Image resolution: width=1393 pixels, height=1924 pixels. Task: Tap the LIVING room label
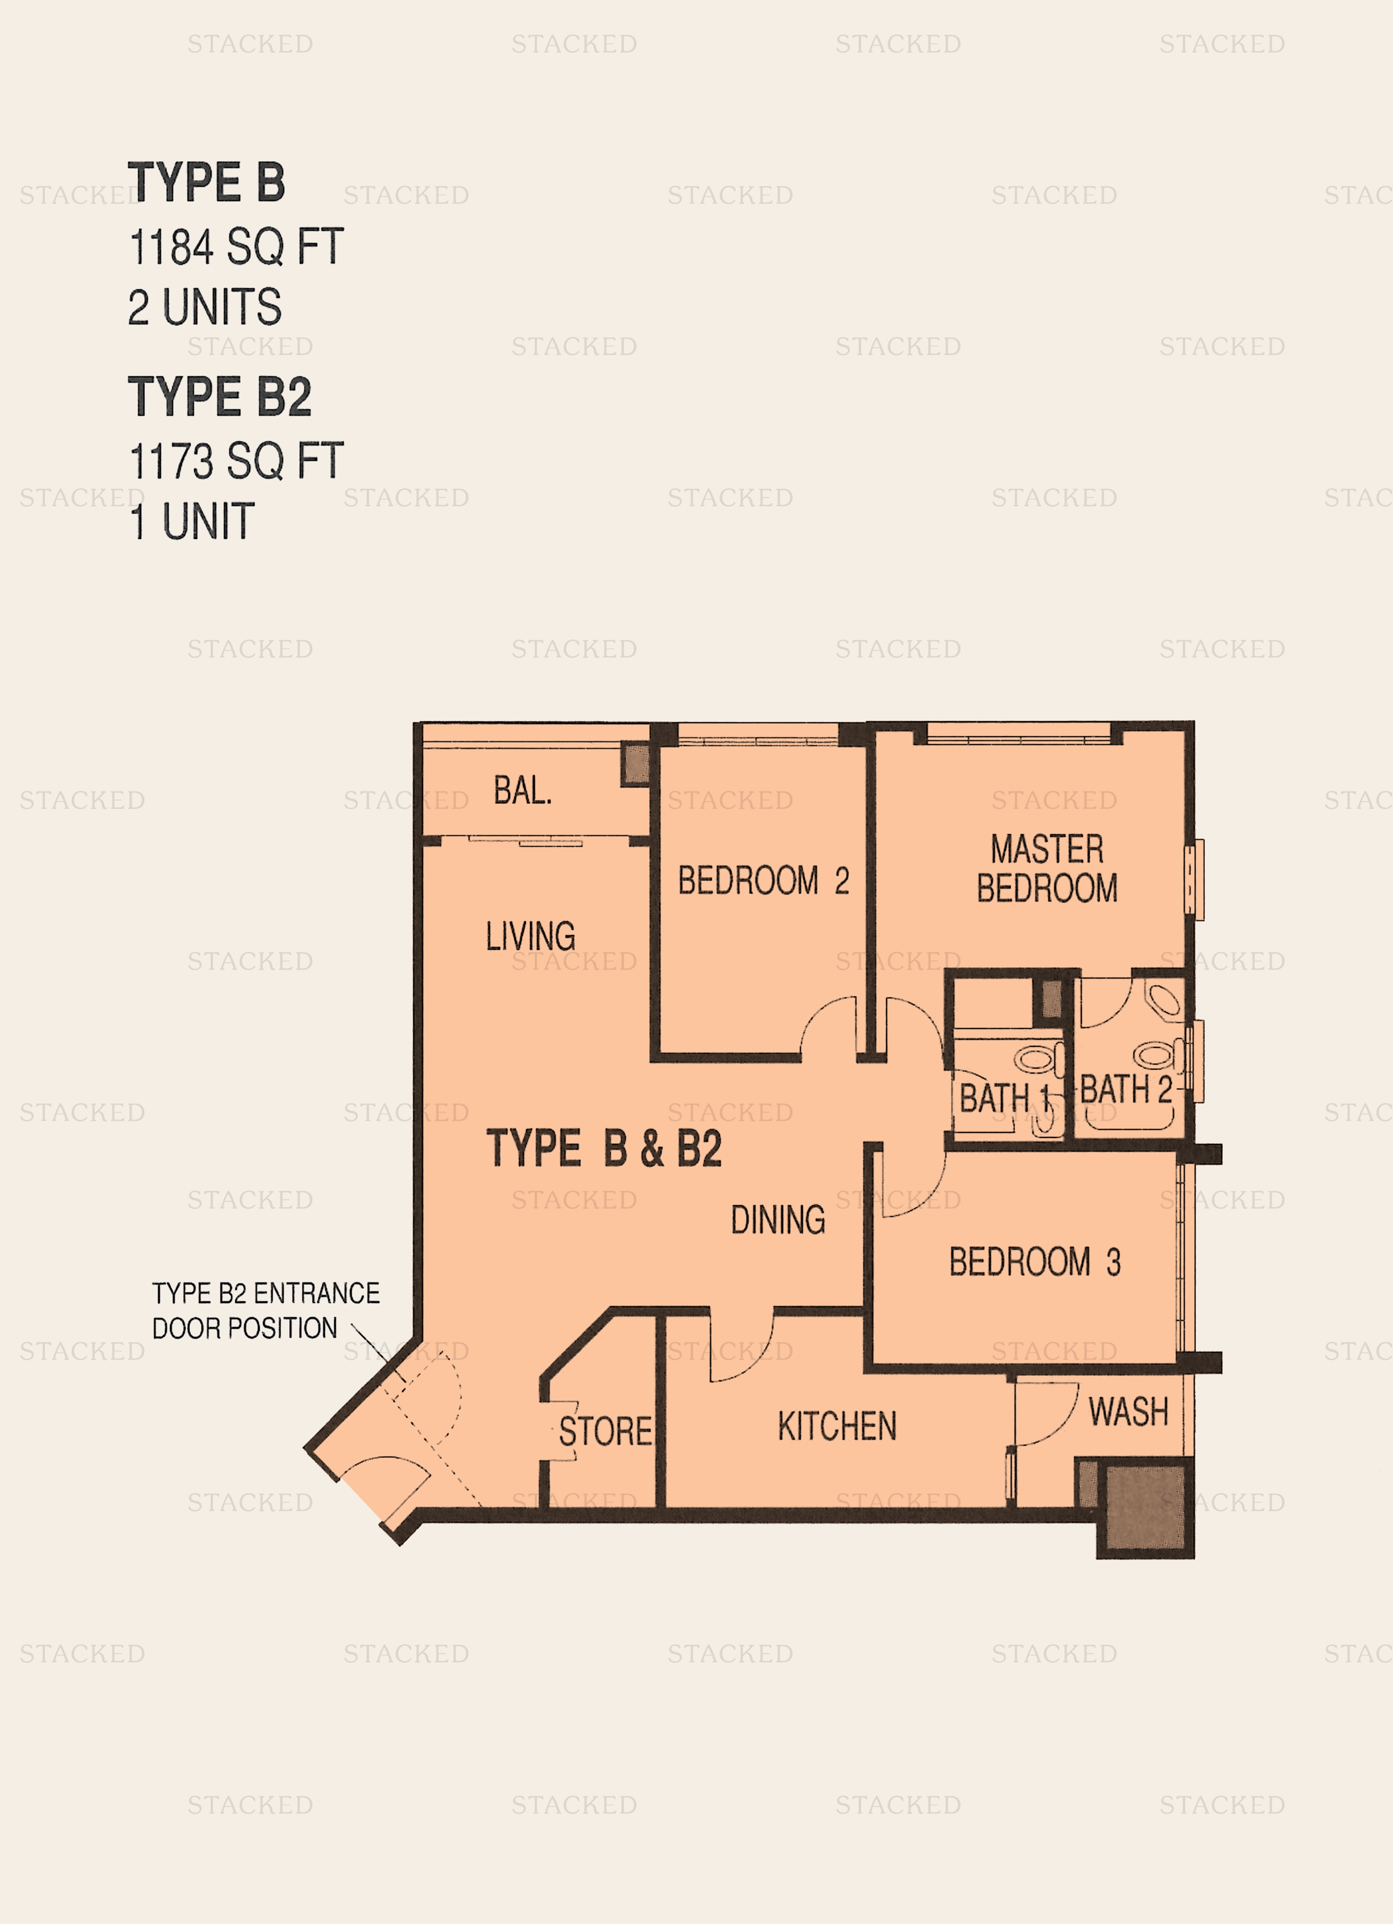click(530, 936)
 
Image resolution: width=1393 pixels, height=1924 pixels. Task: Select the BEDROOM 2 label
click(763, 881)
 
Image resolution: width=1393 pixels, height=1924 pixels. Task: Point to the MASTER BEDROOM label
click(1047, 868)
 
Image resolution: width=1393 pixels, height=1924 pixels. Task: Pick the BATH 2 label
click(1126, 1089)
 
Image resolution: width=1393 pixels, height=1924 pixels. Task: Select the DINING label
click(778, 1220)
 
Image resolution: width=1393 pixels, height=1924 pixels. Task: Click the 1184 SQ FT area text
click(236, 247)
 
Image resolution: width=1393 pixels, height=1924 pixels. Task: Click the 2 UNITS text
click(204, 307)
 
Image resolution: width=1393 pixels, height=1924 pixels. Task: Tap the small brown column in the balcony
click(636, 763)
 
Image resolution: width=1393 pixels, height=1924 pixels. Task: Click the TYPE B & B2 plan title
click(604, 1149)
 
